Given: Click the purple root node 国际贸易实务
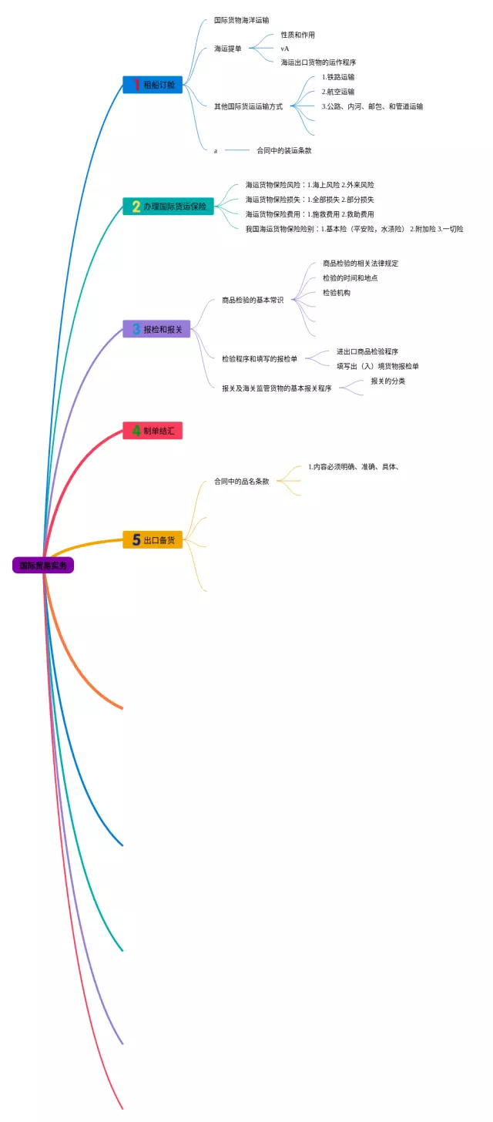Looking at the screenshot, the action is coord(43,565).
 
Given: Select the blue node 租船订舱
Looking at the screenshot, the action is coord(153,85).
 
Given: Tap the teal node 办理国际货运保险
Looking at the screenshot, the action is coord(168,207).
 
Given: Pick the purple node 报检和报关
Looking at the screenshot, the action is coord(156,329).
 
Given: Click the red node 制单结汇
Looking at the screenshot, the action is coord(153,431).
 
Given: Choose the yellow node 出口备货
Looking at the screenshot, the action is coord(153,540).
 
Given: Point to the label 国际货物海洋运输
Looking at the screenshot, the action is coord(242,20).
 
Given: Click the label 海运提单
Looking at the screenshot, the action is coord(228,49).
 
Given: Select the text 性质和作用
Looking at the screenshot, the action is coord(298,35).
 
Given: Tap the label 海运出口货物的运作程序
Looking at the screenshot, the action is coord(318,62).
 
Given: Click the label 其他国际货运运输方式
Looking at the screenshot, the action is coord(248,106).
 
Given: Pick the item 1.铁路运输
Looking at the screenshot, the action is coord(338,77).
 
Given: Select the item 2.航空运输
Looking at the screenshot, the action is coord(338,92).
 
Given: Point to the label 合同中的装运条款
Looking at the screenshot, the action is coord(284,150).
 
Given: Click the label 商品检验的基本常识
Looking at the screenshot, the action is coord(253,300).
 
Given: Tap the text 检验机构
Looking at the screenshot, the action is coord(337,293).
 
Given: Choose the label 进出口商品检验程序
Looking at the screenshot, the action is coord(367,351).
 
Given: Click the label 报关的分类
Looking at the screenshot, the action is coord(388,381).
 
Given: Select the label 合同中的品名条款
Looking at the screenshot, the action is coord(242,482).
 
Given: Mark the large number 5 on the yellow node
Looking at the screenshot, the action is coord(136,540).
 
